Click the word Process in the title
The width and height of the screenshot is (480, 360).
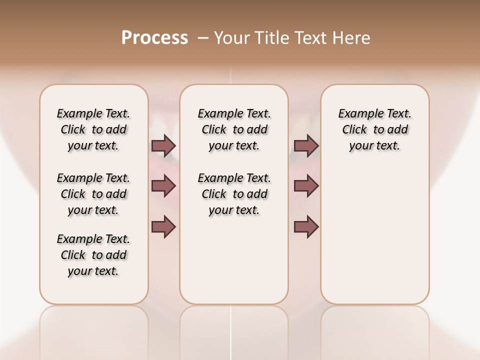click(x=154, y=38)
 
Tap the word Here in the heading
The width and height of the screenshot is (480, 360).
click(x=352, y=38)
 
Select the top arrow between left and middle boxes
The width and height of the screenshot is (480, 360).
click(x=163, y=146)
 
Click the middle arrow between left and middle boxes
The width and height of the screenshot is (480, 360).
click(x=163, y=186)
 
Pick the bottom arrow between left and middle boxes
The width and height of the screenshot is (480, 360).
click(x=163, y=226)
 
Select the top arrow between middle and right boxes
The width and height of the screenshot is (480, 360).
click(x=306, y=146)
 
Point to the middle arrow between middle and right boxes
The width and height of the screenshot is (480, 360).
click(x=306, y=186)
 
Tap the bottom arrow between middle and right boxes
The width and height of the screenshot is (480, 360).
click(x=306, y=226)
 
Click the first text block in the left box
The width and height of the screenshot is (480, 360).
click(x=93, y=129)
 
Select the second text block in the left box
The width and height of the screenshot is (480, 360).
click(x=93, y=194)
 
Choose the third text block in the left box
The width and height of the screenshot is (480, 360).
click(x=93, y=255)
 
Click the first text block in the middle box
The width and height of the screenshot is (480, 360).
click(x=234, y=129)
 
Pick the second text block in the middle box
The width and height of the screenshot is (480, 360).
click(x=234, y=194)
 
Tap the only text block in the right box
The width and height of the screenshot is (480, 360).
click(x=374, y=129)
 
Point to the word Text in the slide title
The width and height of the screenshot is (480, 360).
click(x=312, y=38)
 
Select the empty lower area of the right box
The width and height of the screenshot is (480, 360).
click(x=374, y=235)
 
